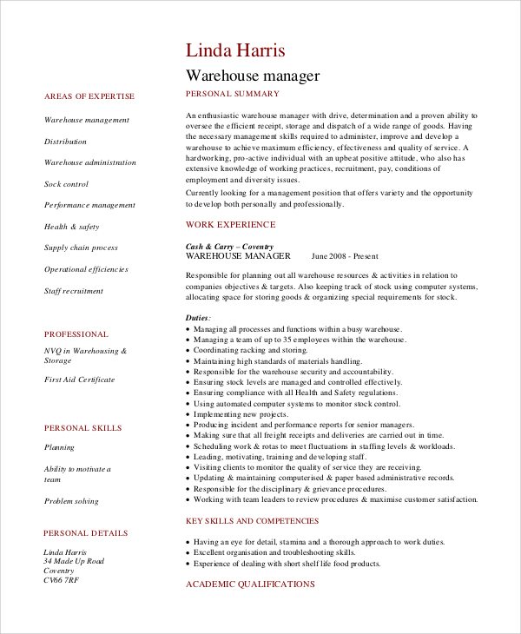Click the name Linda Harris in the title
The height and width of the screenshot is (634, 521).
coord(235,50)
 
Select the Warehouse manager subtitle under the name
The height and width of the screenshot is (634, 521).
coord(253,76)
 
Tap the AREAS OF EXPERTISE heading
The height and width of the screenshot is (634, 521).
coord(89,96)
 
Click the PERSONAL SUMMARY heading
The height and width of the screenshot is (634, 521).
coord(233,94)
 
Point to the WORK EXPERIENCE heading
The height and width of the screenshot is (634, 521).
coord(228,224)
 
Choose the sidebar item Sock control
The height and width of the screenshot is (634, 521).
coord(66,184)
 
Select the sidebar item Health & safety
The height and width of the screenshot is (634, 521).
coord(71,227)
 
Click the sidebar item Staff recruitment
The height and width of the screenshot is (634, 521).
coord(74,291)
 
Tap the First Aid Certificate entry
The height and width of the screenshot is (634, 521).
coord(79,380)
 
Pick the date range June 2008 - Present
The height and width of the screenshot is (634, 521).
coord(345,256)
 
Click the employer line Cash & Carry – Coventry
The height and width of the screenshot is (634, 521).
coord(228,247)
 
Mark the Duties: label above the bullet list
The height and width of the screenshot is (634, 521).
coord(198,318)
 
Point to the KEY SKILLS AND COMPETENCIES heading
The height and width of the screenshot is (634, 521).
coord(252,521)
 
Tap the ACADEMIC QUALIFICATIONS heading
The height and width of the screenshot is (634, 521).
coord(250,584)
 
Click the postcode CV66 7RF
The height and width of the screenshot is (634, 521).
coord(61,580)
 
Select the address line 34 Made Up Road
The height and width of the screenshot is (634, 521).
coord(74,561)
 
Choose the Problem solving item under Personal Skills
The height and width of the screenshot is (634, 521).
coord(71,501)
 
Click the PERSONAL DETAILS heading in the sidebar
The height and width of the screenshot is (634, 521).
coord(85,533)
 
